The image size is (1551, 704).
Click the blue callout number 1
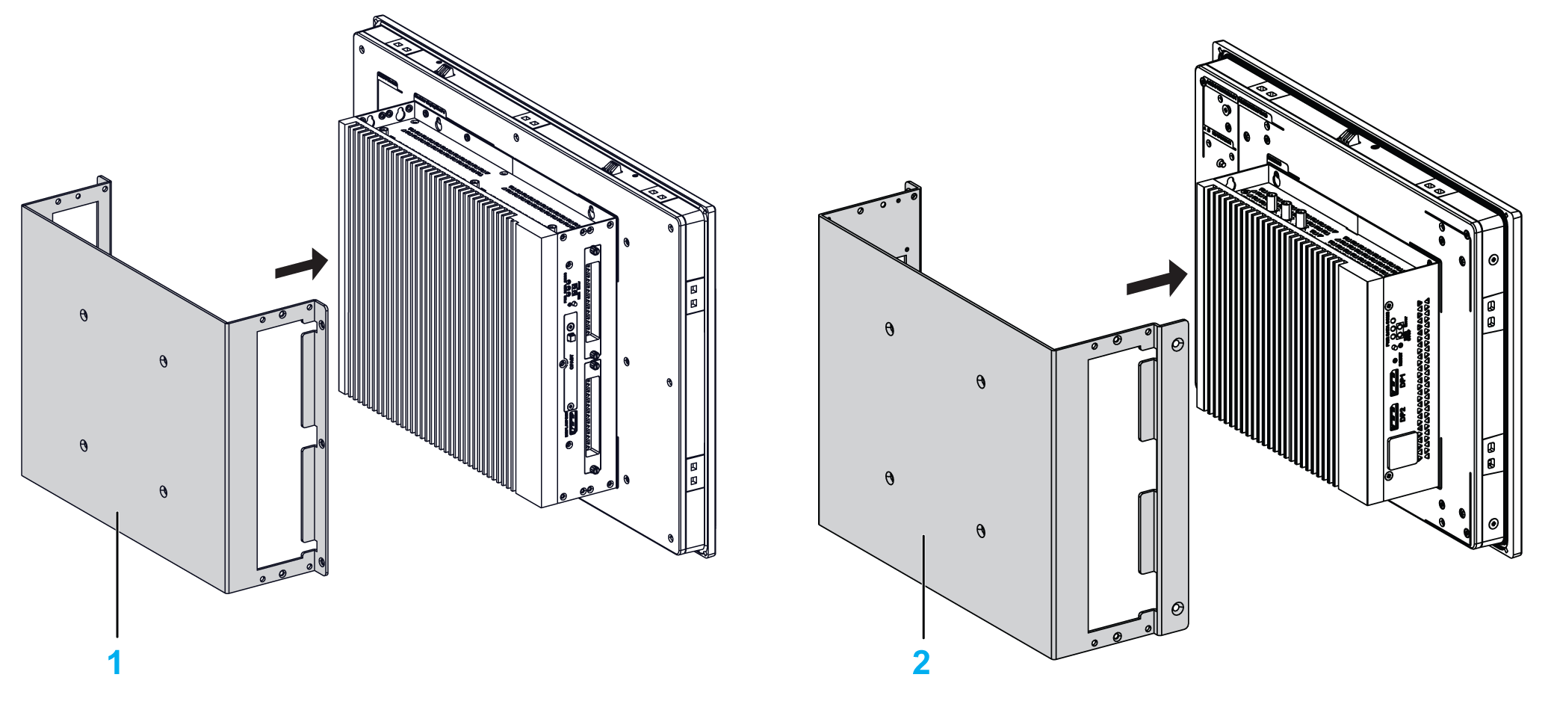pos(114,663)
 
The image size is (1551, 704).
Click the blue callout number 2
pos(921,663)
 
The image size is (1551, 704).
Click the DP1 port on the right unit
pos(1394,383)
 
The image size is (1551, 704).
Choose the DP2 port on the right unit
pos(1394,417)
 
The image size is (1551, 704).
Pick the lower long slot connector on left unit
pos(592,416)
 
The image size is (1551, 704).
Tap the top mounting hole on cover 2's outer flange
pos(1177,345)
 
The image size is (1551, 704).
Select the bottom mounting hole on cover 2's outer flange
pos(1177,608)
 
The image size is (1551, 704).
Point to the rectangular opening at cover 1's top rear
pos(75,220)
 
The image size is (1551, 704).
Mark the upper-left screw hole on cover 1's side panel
pos(84,315)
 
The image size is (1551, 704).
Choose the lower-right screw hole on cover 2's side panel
pos(981,531)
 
